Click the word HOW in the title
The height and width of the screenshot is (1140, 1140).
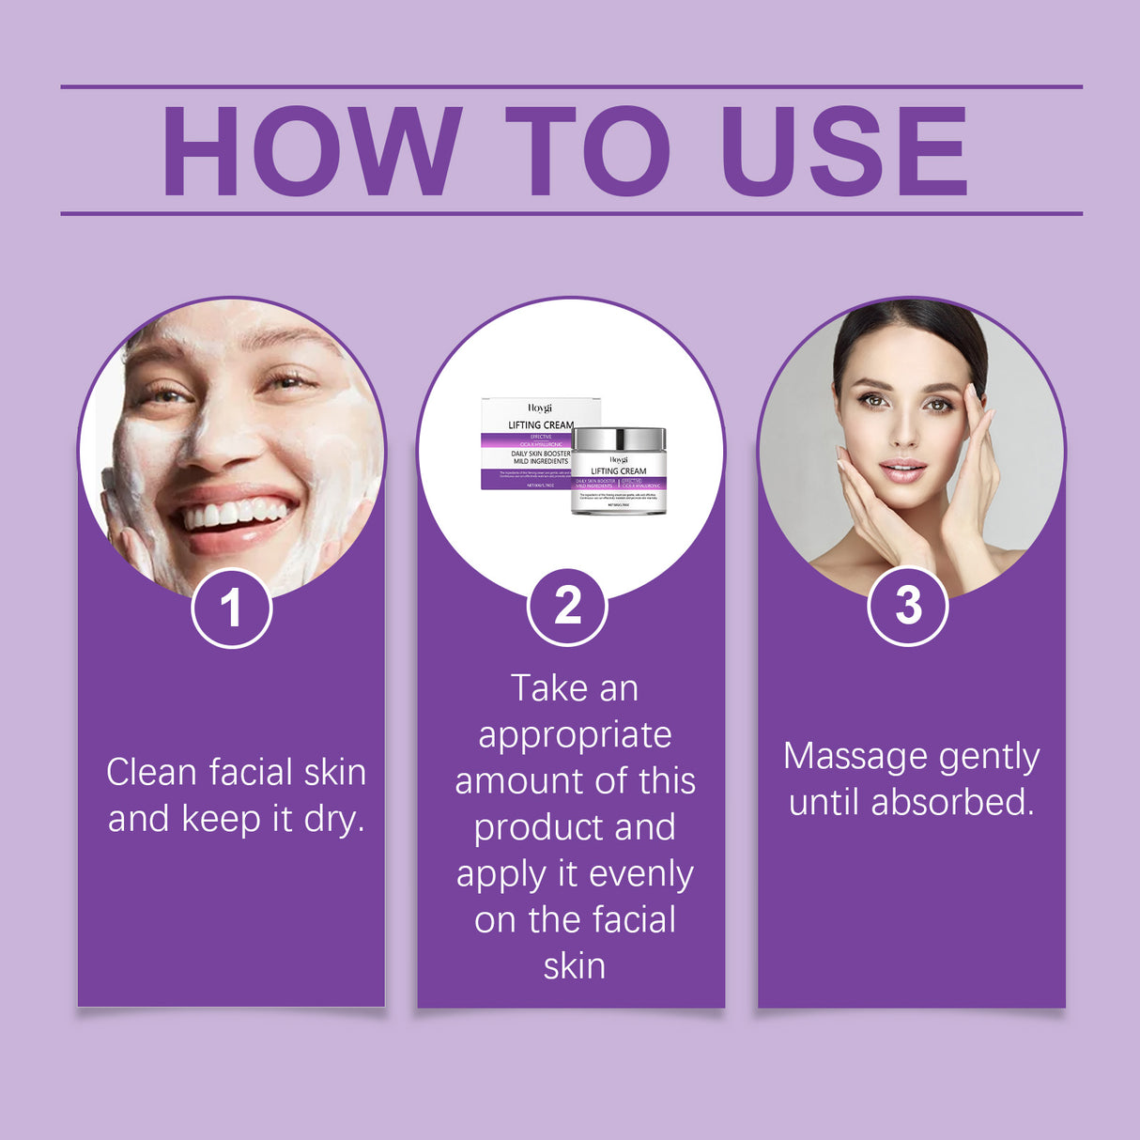(312, 151)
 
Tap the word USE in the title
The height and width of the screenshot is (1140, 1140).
(842, 151)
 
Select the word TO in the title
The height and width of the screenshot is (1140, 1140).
(588, 151)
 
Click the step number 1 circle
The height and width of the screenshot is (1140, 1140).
(231, 608)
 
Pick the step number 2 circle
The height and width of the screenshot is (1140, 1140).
(567, 607)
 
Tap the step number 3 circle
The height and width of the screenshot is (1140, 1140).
(907, 606)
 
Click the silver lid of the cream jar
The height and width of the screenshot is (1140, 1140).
(619, 439)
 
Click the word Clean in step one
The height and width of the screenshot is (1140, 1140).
(151, 773)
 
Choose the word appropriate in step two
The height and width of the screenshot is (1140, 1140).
(575, 735)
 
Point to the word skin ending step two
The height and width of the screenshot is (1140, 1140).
(574, 966)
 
